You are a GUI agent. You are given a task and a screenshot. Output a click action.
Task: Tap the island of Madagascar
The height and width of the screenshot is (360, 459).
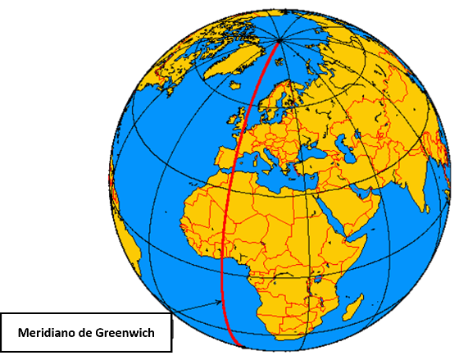point(352,308)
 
